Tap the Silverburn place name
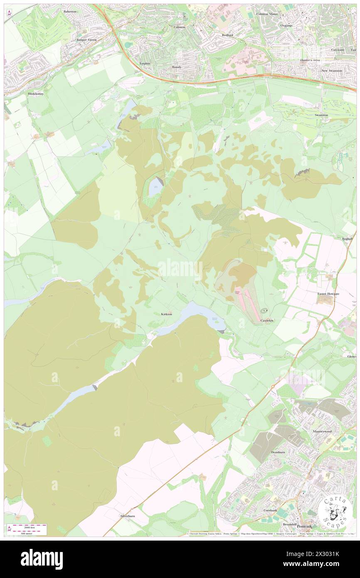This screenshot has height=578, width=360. [127, 516]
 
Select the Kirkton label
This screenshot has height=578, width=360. [166, 314]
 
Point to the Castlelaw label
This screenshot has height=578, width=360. [266, 320]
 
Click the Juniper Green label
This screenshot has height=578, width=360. [86, 40]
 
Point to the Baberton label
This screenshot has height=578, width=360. [70, 12]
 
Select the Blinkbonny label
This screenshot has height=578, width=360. [36, 94]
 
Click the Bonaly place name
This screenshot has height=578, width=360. [177, 67]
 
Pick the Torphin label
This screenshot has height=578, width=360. [145, 63]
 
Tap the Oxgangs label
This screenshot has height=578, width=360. [286, 25]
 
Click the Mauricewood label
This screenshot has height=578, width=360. [322, 431]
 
